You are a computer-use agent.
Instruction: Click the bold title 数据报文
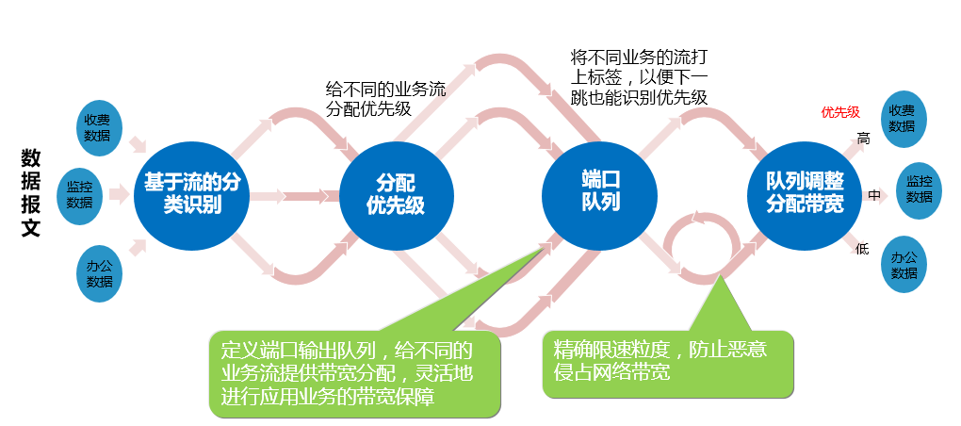(31, 194)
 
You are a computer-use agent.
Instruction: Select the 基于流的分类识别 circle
(192, 194)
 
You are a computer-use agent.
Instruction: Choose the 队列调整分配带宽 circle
(804, 192)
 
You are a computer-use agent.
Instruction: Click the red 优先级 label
(840, 113)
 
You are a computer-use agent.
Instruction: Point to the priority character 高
(863, 139)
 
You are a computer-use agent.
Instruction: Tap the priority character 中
(873, 195)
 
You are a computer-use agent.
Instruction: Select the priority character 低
(862, 249)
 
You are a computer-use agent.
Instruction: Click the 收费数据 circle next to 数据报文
(97, 127)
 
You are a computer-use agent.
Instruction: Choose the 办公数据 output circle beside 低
(904, 265)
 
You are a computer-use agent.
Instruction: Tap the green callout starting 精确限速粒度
(666, 362)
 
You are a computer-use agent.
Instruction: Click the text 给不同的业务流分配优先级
(385, 99)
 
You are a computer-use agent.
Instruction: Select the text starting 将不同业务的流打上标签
(640, 75)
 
